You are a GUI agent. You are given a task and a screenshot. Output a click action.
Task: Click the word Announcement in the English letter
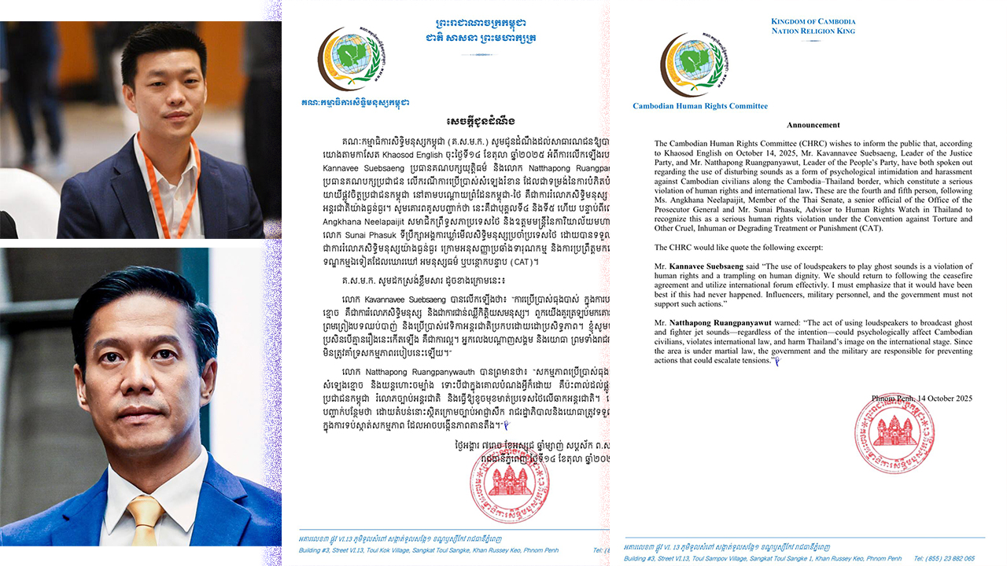tap(813, 125)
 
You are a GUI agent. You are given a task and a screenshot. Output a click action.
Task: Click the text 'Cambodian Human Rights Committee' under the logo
tap(700, 106)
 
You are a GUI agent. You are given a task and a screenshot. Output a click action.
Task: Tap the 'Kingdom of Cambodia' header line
tap(813, 21)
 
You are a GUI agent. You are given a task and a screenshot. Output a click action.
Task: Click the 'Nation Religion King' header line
tap(813, 31)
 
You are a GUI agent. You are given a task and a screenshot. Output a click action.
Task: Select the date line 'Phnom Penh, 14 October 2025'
tap(921, 399)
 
